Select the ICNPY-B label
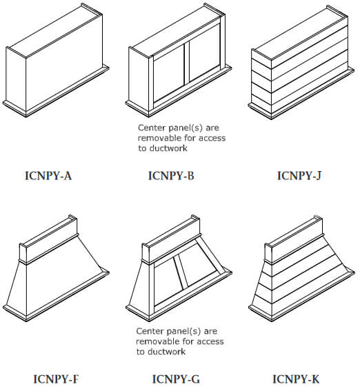171,175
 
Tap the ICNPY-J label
299,175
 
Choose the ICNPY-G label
177,379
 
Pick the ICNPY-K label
296,379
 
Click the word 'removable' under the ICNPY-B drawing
160,138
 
